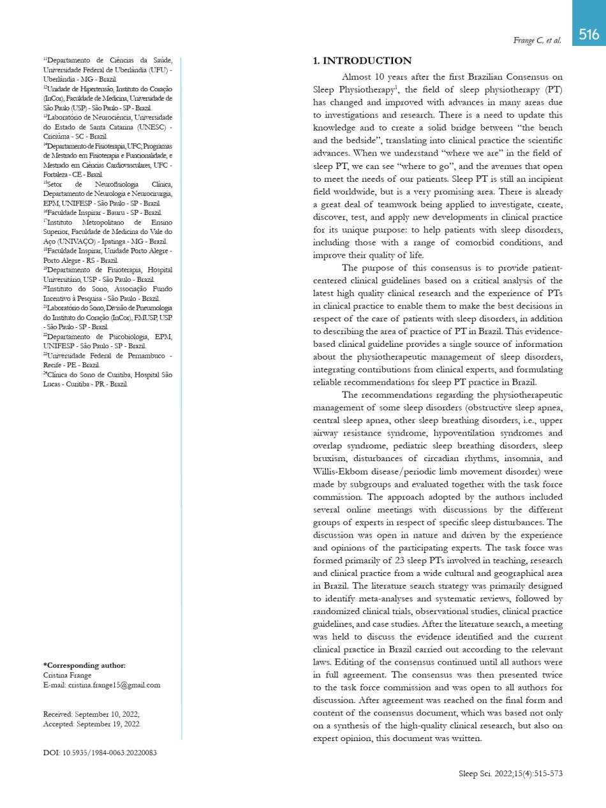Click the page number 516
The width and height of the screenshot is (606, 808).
pos(589,34)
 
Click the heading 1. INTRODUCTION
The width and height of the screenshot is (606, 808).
pos(362,61)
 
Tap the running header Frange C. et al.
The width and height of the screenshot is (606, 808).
pos(537,41)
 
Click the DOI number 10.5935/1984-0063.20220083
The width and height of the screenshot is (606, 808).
pos(109,753)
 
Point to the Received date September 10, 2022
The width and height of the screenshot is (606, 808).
pos(107,714)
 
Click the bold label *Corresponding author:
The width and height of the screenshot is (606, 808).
pos(84,666)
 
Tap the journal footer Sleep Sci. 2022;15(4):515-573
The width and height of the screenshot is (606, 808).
pos(510,774)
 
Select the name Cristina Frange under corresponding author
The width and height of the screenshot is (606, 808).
pos(67,675)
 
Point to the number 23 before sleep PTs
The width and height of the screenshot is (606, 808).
pos(401,561)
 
